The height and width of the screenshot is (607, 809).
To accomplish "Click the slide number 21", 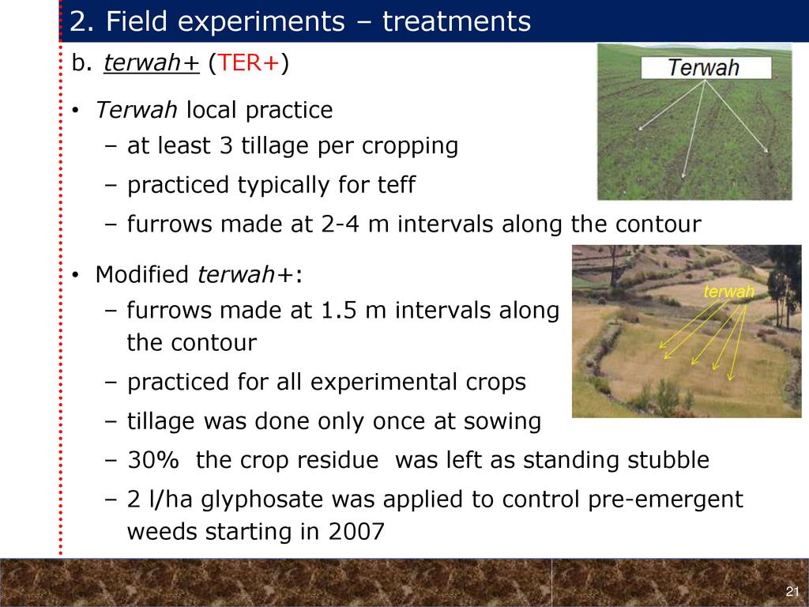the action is [x=792, y=591].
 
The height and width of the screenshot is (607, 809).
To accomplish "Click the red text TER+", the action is [x=249, y=63].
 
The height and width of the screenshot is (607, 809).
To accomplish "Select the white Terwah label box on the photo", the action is [x=706, y=68].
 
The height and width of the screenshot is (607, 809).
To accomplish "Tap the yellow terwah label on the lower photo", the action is [x=728, y=292].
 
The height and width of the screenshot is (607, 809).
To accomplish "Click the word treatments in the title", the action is [x=457, y=21].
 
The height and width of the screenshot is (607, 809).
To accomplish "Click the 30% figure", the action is [x=152, y=460].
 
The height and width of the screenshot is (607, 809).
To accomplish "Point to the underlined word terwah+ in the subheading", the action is [x=151, y=63].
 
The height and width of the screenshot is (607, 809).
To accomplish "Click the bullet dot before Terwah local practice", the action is [x=75, y=111].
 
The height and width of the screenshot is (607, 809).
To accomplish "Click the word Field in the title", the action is [x=136, y=21].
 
